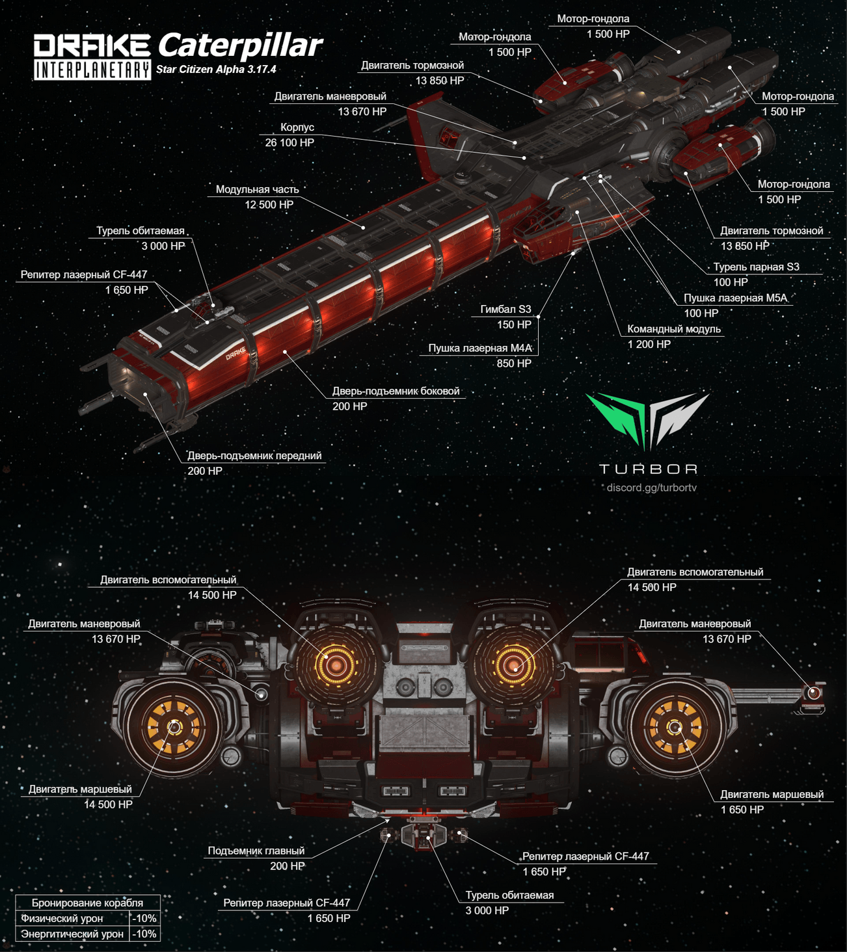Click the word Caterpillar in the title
240,46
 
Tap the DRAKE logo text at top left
92,46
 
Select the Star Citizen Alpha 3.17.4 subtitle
216,69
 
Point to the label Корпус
297,127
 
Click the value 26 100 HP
289,142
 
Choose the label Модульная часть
257,189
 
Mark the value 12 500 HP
269,205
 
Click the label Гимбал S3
505,309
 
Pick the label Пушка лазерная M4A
480,348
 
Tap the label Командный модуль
674,329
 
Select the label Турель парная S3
756,267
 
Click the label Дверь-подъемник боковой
396,391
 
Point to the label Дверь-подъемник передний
254,455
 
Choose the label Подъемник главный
256,851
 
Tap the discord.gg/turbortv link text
651,488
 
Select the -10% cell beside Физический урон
144,918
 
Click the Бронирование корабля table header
87,903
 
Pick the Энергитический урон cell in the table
72,934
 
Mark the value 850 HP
514,364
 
